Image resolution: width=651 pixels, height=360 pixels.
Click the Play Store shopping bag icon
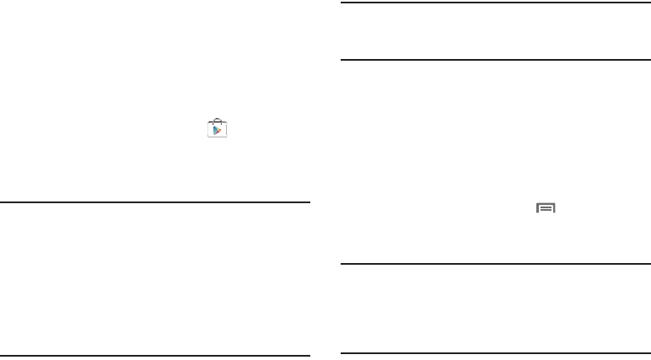point(218,128)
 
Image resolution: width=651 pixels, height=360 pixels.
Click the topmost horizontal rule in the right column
point(496,4)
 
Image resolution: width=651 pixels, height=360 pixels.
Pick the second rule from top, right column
point(496,59)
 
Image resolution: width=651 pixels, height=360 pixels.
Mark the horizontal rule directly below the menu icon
point(496,265)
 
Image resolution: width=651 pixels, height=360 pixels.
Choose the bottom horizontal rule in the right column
point(496,353)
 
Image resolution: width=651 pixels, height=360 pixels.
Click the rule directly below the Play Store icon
point(155,201)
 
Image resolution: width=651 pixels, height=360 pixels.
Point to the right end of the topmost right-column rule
point(649,4)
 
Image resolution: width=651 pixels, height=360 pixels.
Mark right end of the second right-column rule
point(649,59)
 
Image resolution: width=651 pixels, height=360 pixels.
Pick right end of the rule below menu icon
point(649,265)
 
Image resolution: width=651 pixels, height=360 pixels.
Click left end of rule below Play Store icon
point(2,201)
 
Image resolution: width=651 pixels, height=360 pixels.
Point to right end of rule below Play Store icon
point(309,201)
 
